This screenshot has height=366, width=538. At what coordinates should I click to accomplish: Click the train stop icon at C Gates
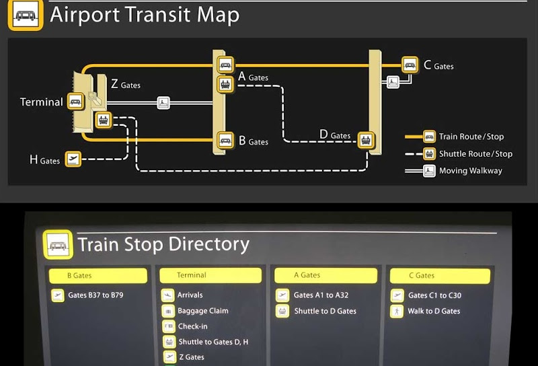pos(410,65)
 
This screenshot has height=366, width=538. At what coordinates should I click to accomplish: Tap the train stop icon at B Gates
pos(225,140)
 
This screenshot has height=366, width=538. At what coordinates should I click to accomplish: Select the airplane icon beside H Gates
pos(73,159)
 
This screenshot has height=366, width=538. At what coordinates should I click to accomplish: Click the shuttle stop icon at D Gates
pos(366,140)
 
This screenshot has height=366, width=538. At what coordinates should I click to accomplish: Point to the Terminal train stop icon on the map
pos(75,102)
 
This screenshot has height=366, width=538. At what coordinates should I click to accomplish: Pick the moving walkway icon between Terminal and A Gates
pos(163,103)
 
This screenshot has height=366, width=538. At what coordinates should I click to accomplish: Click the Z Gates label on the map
pos(126,84)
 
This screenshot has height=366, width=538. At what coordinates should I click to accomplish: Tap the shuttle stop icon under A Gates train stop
pos(225,84)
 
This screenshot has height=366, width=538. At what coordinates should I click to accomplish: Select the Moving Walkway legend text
pos(470,171)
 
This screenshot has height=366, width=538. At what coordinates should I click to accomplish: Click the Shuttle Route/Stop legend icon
pos(429,154)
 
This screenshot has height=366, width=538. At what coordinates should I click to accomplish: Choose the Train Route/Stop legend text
pos(471,137)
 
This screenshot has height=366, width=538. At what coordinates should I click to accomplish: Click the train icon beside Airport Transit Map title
pos(26,15)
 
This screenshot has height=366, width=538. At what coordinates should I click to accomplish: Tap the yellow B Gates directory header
pos(98,276)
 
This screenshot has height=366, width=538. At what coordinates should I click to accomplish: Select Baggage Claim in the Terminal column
pos(203,311)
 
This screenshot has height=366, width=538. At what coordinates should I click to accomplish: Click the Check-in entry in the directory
pos(192,326)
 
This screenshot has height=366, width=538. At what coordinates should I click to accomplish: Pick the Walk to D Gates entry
pos(434,311)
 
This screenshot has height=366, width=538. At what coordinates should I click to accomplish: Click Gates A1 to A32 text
pos(321,295)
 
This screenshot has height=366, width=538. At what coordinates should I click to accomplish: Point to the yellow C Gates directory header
pos(440,276)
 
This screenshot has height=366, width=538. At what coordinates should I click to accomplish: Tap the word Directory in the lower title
pos(209,244)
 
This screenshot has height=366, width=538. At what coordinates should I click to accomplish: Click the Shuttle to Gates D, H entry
pos(213,342)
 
